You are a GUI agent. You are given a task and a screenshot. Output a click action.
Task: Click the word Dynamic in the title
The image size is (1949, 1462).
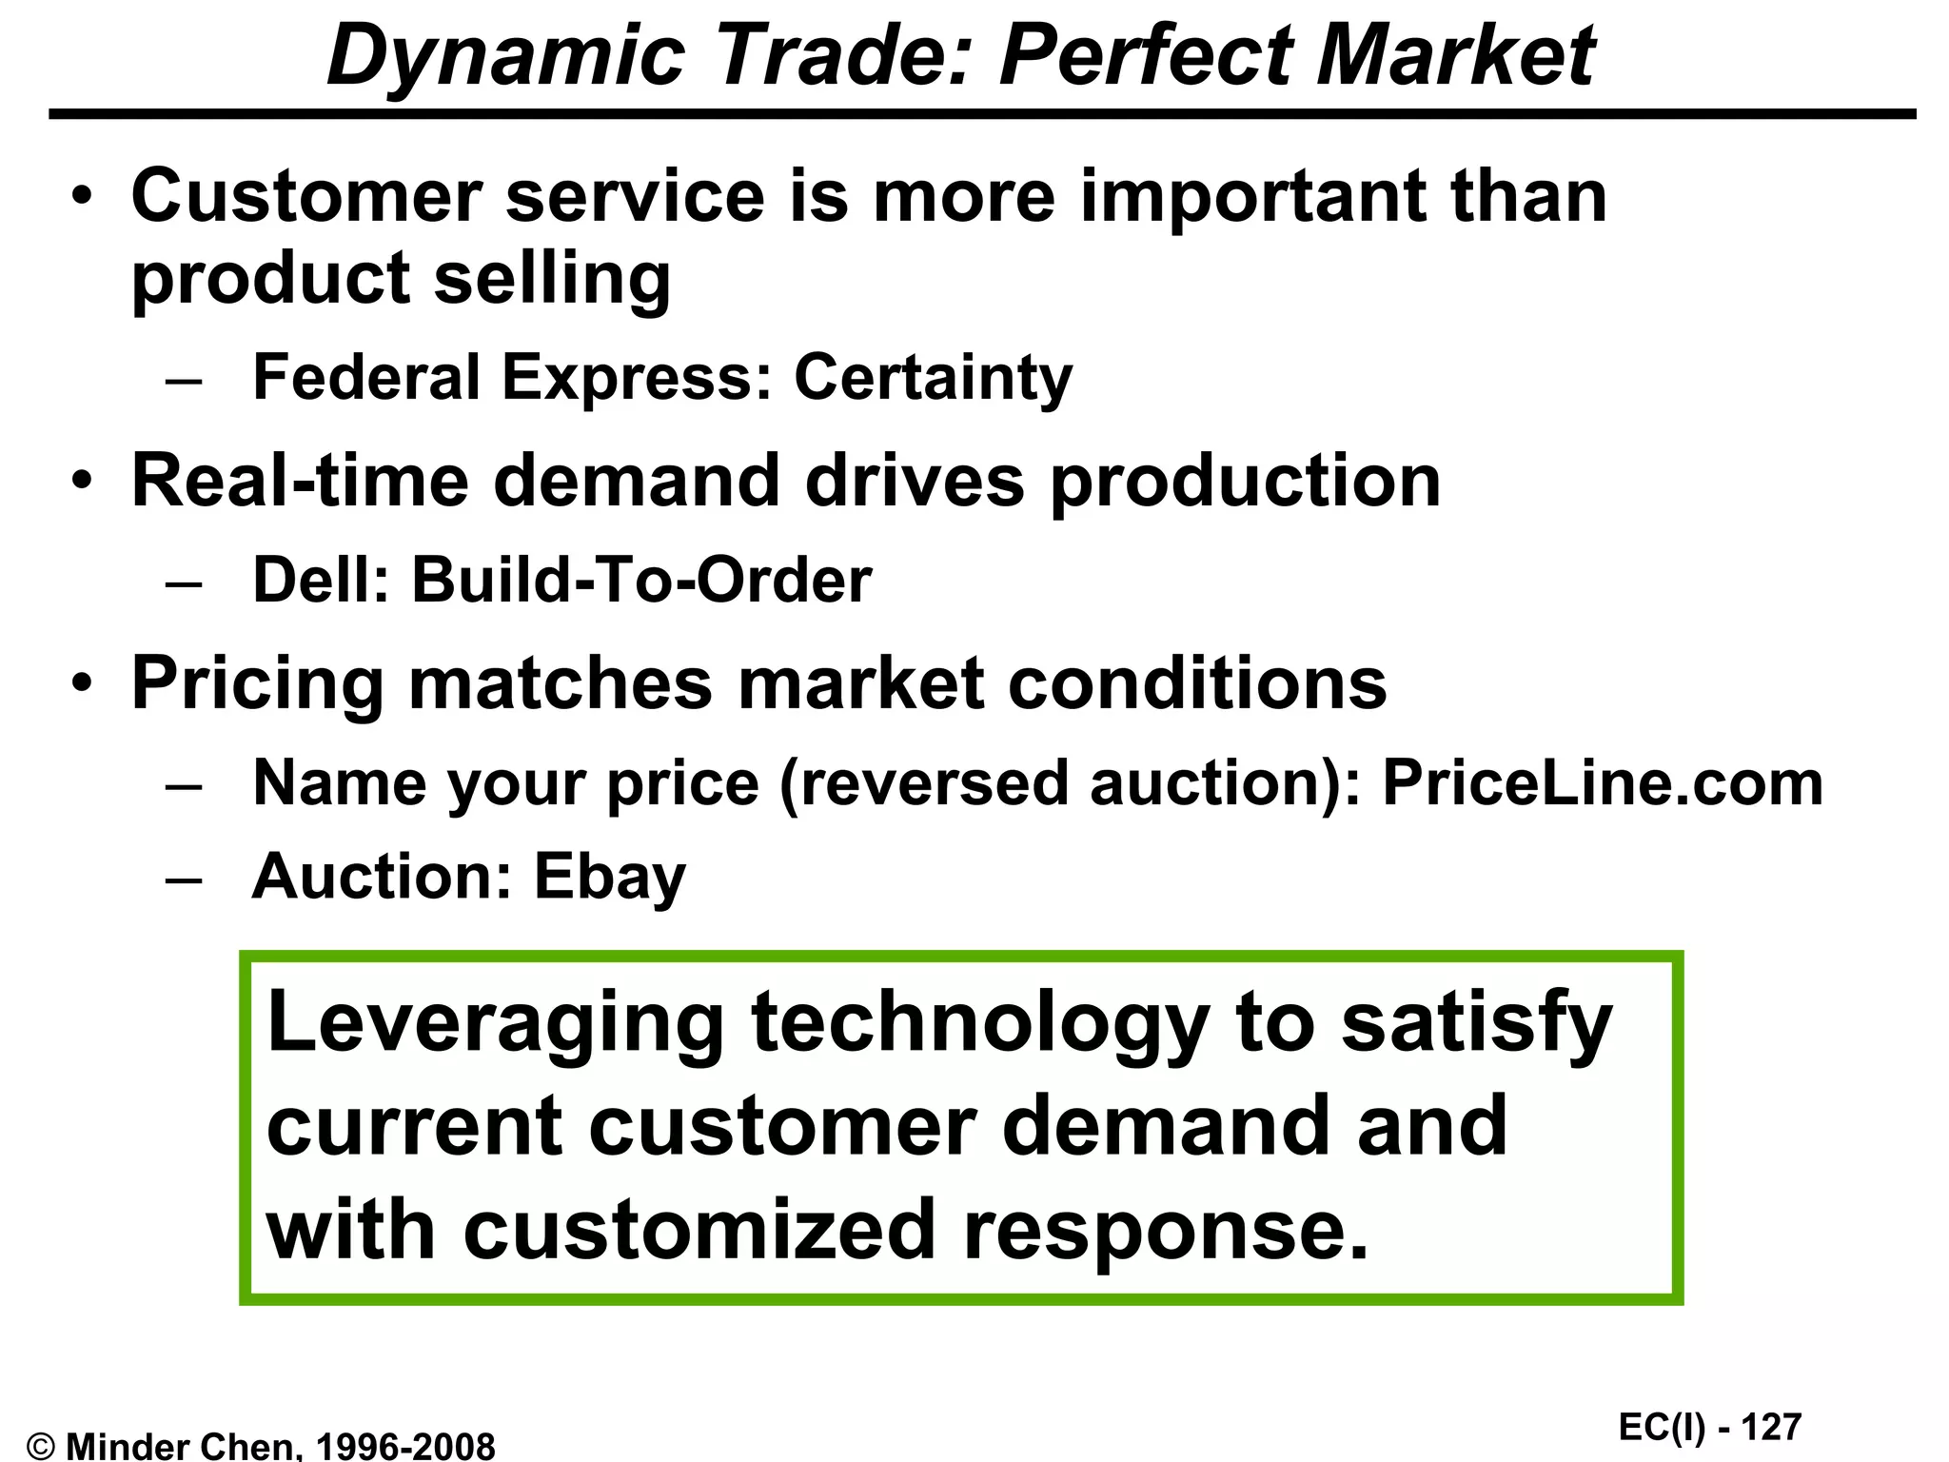coord(505,57)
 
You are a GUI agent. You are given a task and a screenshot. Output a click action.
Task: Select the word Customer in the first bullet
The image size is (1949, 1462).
coord(306,196)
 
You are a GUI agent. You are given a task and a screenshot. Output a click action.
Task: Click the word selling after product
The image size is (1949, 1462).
coord(552,279)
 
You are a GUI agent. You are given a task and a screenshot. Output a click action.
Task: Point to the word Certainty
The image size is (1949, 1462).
coord(933,379)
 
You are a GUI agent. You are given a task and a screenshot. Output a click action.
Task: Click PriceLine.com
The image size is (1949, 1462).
coord(1602,783)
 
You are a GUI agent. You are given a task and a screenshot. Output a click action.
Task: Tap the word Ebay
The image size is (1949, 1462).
coord(609,878)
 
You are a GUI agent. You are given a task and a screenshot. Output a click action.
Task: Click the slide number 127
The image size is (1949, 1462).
coord(1771,1428)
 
